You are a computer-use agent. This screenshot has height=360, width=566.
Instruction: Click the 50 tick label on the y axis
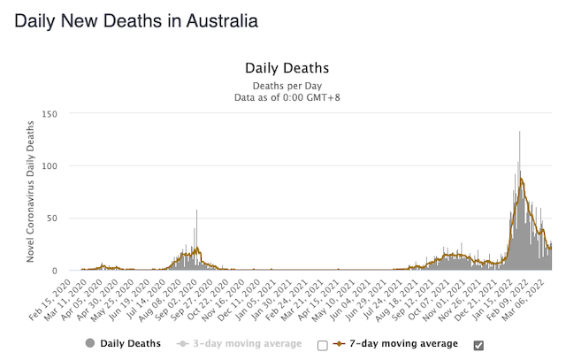62,218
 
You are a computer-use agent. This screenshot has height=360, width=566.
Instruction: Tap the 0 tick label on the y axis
65,271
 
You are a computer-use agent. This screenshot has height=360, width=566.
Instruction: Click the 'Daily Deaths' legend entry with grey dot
123,343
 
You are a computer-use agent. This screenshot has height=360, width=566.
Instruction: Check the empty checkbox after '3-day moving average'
323,344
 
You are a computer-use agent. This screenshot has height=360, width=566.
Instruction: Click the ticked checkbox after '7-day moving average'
478,344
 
